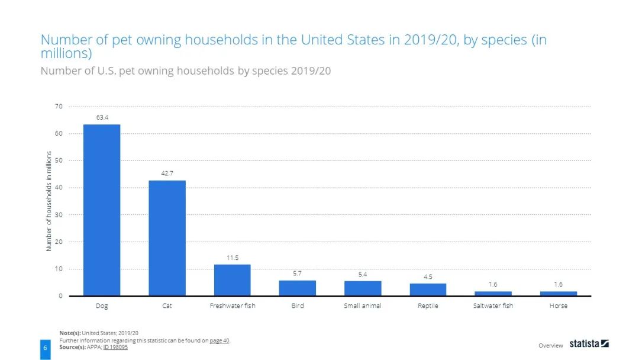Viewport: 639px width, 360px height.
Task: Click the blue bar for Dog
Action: (x=102, y=210)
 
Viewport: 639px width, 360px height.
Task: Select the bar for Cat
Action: (x=167, y=238)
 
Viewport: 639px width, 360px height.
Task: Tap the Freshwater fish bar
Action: (x=232, y=280)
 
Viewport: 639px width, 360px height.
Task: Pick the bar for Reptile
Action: (x=428, y=290)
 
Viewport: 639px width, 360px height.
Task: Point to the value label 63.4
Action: (x=102, y=117)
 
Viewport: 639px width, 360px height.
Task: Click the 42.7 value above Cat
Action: (x=167, y=173)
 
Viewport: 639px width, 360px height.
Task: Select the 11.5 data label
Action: (x=233, y=258)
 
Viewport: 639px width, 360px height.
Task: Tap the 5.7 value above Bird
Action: (x=298, y=273)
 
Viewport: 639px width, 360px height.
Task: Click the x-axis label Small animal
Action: (x=363, y=306)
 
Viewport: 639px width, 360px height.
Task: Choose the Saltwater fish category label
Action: (x=493, y=306)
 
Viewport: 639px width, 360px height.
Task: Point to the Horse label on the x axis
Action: (x=558, y=306)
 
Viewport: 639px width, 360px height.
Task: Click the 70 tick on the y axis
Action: (x=59, y=107)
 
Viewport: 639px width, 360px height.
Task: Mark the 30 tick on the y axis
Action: (x=59, y=215)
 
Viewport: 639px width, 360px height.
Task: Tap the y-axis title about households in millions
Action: (x=49, y=201)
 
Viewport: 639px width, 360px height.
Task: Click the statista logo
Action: (x=589, y=343)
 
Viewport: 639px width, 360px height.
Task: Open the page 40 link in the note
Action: (x=220, y=340)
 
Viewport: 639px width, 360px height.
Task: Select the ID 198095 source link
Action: (x=115, y=347)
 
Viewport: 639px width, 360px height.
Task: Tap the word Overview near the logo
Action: (x=551, y=345)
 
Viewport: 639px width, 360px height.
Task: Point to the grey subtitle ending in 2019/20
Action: (x=185, y=71)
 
